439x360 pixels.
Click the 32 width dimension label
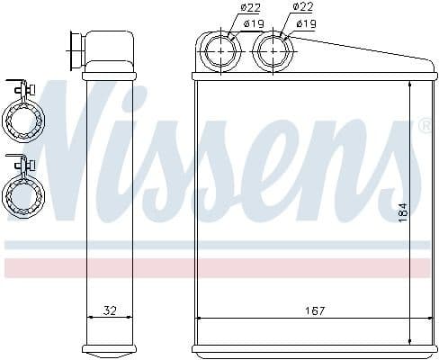pos(109,311)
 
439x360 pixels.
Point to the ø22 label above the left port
pos(226,8)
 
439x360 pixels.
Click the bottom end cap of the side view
pos(108,349)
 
